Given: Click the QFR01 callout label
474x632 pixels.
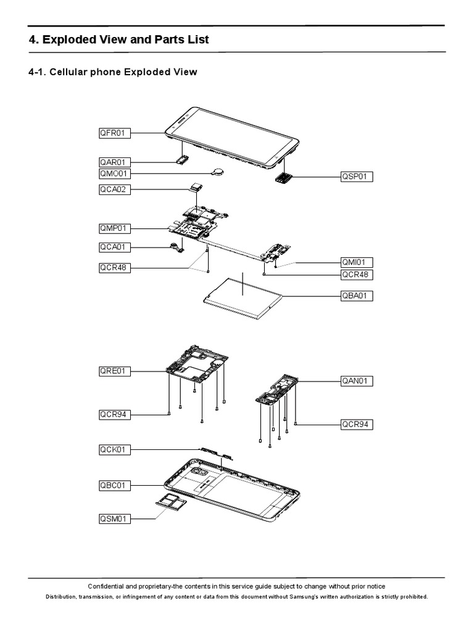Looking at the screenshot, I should pos(114,133).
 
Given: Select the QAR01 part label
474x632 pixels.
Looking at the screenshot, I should pos(114,162).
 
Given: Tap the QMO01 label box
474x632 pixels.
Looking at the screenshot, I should pos(114,174).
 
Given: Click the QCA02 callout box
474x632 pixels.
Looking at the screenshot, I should pos(114,189).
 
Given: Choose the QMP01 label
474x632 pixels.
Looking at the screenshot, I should pos(114,228).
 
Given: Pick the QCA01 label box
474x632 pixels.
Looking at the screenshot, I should pos(114,248).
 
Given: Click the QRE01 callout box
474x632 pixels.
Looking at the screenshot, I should pos(114,372).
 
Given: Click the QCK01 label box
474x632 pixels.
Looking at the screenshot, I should pos(114,449).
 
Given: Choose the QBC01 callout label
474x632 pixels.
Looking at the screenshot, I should pos(114,485).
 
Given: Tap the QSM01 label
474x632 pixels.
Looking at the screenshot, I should pos(114,519).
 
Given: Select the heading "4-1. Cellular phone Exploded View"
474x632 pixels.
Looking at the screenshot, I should pos(113,72).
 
